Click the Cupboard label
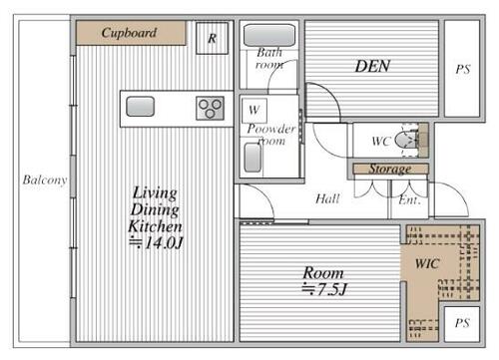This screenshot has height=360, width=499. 129,33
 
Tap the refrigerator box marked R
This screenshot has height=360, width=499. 213,38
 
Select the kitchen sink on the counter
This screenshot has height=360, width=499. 140,107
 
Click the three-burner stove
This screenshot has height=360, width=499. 210,109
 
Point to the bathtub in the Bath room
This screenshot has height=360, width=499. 269,35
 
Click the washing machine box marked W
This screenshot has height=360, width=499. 254,111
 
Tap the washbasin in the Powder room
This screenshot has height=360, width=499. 252,158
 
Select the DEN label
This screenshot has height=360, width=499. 372,66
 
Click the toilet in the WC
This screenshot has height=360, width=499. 406,140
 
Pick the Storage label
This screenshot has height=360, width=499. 390,169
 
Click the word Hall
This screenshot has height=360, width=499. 327,199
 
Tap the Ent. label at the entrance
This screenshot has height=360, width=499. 409,200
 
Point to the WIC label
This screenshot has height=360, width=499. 427,264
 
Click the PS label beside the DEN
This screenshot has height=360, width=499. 463,70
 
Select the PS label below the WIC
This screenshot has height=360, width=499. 462,323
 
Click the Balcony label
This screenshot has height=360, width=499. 45,180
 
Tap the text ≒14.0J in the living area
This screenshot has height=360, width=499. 156,243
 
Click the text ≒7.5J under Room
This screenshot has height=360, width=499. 324,289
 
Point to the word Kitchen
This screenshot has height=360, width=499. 155,226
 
